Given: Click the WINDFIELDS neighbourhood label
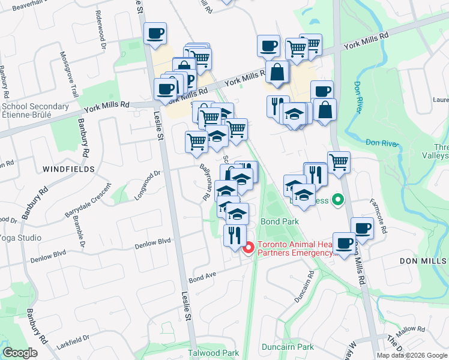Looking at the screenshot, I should click(69, 170).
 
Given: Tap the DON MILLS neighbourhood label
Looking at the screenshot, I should click(423, 261).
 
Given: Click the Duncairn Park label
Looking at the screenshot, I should click(288, 347).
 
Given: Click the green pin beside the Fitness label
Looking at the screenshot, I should click(338, 200).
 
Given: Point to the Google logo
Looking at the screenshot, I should click(20, 352).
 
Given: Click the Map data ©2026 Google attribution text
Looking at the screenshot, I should click(412, 355).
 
